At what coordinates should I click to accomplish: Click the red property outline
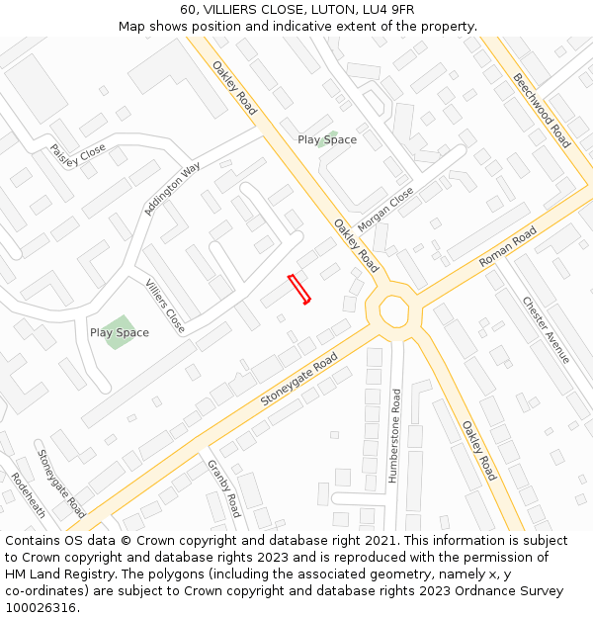pyautogui.click(x=298, y=289)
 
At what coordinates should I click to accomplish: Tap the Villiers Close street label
pyautogui.click(x=165, y=306)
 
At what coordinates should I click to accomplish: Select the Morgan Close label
pyautogui.click(x=385, y=210)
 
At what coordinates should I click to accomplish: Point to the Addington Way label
pyautogui.click(x=172, y=188)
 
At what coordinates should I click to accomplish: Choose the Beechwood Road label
pyautogui.click(x=542, y=110)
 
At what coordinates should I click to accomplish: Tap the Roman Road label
pyautogui.click(x=507, y=247)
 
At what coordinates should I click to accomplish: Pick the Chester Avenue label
pyautogui.click(x=547, y=329)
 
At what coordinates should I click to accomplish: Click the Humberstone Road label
pyautogui.click(x=395, y=435)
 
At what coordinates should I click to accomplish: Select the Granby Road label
pyautogui.click(x=223, y=488)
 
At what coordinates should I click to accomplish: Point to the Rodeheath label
pyautogui.click(x=29, y=494)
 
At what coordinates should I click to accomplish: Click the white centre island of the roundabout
pyautogui.click(x=393, y=310)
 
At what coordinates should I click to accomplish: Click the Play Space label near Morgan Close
pyautogui.click(x=327, y=139)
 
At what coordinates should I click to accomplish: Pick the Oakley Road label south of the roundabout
pyautogui.click(x=478, y=450)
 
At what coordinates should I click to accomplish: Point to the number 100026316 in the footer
pyautogui.click(x=42, y=608)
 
